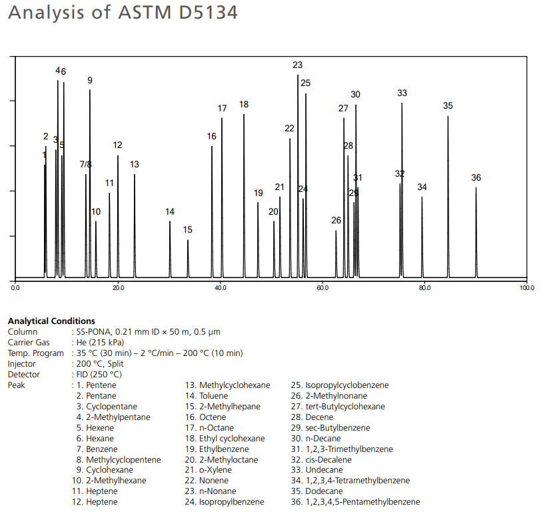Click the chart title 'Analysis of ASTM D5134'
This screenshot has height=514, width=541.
123,13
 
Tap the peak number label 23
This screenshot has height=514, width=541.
297,65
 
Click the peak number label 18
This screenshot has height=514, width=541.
244,105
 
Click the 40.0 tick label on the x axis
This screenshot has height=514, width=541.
221,288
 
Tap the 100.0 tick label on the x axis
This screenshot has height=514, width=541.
526,288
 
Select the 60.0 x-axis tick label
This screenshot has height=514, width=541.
322,288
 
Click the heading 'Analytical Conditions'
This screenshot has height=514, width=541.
51,321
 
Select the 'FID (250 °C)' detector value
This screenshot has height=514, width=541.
99,374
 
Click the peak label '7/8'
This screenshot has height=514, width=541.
86,164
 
